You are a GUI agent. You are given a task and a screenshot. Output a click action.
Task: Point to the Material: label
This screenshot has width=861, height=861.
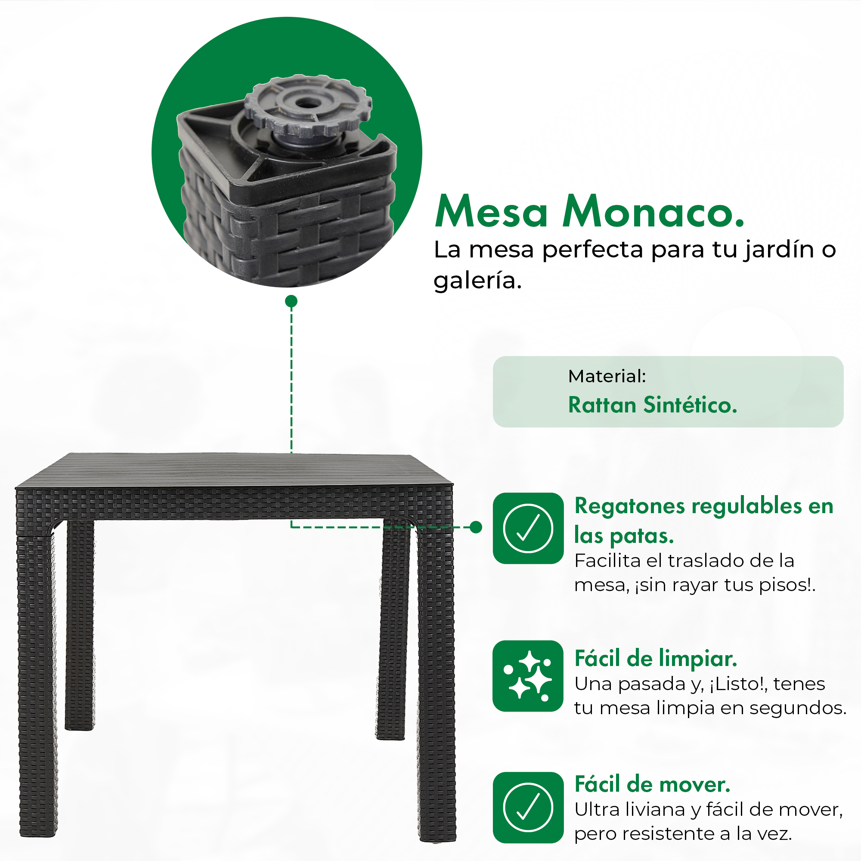pyautogui.click(x=607, y=376)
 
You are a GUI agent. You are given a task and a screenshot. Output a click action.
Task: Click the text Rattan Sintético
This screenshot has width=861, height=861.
pyautogui.click(x=653, y=405)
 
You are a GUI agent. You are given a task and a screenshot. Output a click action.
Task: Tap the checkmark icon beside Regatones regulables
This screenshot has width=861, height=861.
pyautogui.click(x=528, y=528)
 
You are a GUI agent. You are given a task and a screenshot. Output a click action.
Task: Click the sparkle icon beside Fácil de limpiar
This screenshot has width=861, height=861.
pyautogui.click(x=528, y=676)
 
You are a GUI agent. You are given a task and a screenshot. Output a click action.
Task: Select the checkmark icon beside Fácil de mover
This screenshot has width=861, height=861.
pyautogui.click(x=528, y=808)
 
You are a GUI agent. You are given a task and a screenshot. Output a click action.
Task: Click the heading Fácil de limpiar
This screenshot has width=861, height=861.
pyautogui.click(x=656, y=658)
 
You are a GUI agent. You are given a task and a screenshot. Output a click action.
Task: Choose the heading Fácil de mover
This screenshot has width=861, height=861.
pyautogui.click(x=653, y=784)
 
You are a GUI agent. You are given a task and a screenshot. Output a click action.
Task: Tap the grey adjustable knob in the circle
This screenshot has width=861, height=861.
pyautogui.click(x=308, y=106)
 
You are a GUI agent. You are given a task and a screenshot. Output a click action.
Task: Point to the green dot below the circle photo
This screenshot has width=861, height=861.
pyautogui.click(x=291, y=301)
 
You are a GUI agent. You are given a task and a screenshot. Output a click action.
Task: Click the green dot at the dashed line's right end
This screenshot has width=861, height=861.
pyautogui.click(x=476, y=527)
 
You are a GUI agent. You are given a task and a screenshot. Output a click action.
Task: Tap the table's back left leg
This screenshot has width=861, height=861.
pyautogui.click(x=80, y=624)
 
